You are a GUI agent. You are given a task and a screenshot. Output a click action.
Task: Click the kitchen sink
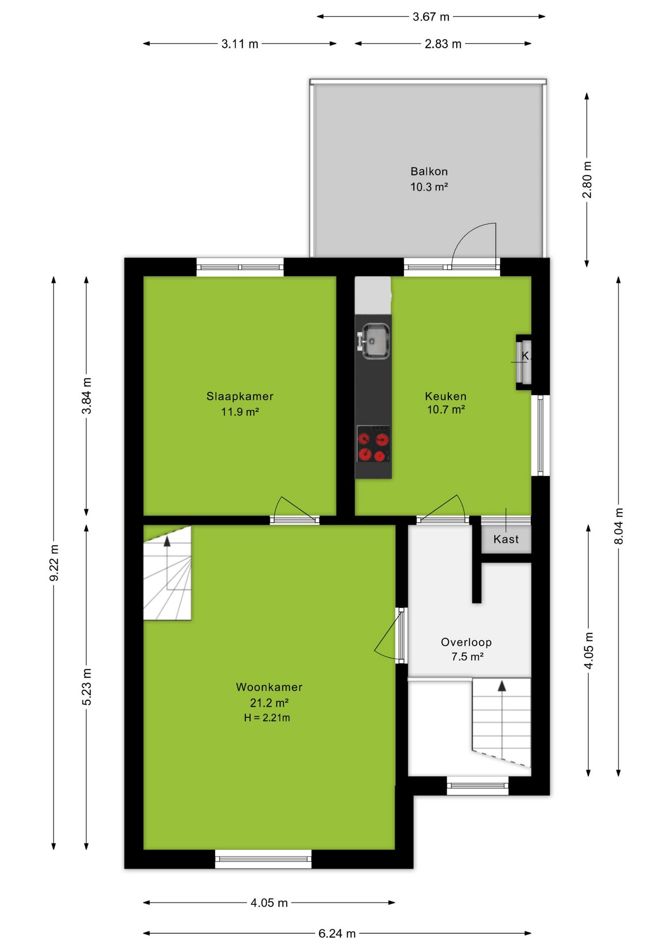[x=374, y=341]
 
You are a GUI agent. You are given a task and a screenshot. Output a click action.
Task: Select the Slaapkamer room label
[x=240, y=396]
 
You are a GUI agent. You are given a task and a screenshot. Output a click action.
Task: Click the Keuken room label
[x=446, y=396]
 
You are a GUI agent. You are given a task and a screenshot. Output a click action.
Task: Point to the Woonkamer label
[x=269, y=687]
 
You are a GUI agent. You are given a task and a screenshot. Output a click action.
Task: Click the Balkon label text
[x=429, y=172]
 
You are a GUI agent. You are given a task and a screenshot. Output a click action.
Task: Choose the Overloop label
[x=466, y=642]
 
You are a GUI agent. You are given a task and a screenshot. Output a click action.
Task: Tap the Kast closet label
[x=506, y=539]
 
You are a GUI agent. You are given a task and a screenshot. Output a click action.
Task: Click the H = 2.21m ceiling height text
[x=267, y=717]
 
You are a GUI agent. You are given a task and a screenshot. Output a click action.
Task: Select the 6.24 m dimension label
[x=337, y=934]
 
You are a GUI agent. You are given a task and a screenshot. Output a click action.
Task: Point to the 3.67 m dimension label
[x=431, y=17]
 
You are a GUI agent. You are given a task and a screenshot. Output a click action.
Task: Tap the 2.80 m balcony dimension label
[x=587, y=180]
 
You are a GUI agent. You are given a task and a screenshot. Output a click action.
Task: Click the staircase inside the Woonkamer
[x=167, y=572]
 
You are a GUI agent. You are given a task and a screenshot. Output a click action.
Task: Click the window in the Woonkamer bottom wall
[x=263, y=859]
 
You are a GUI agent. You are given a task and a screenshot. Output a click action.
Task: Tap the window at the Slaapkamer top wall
[x=240, y=267]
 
